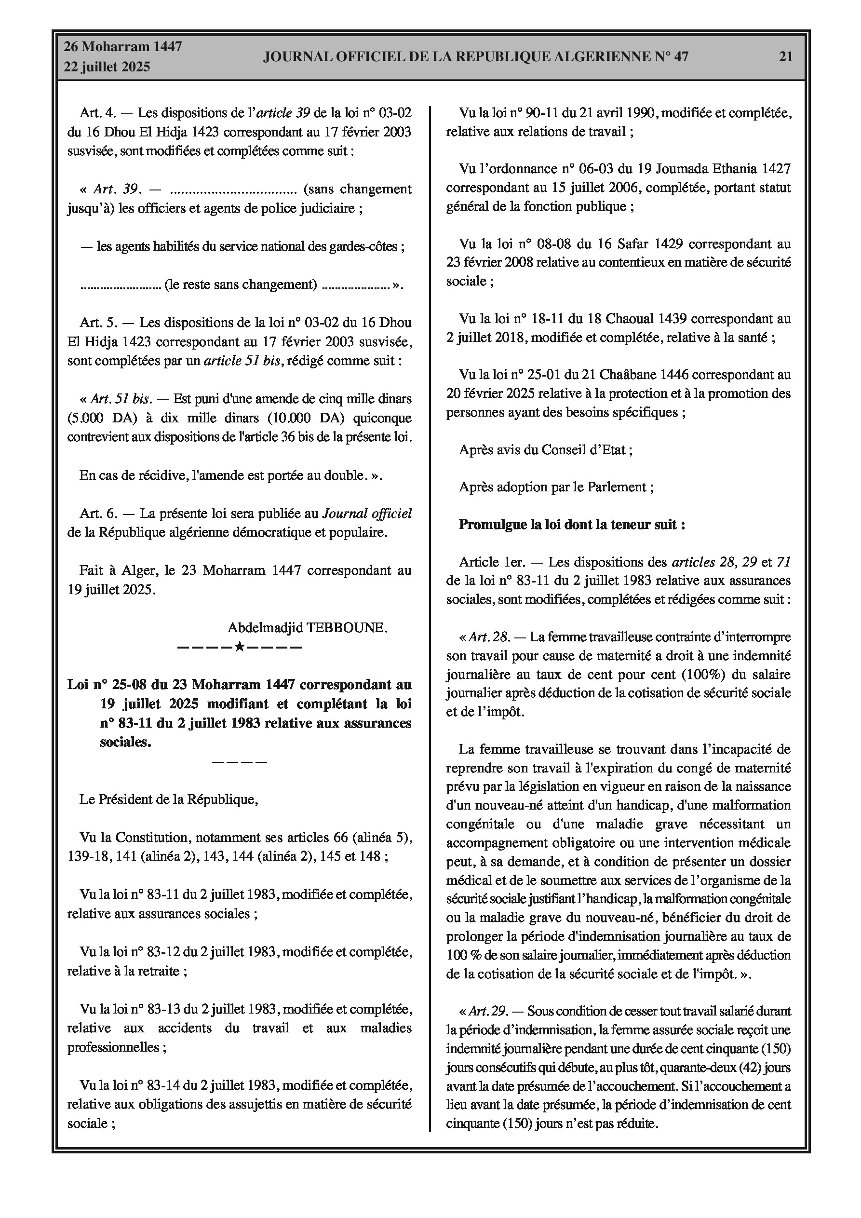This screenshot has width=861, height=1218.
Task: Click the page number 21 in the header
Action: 785,56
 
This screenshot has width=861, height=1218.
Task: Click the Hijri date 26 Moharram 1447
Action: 122,47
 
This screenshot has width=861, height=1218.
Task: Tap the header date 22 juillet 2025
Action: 107,67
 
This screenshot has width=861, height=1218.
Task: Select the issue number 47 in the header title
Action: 681,56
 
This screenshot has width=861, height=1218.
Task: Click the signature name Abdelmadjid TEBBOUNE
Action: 308,628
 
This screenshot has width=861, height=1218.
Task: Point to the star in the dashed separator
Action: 239,647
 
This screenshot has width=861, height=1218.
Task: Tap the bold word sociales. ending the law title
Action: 126,742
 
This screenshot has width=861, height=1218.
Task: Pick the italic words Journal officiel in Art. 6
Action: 367,513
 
